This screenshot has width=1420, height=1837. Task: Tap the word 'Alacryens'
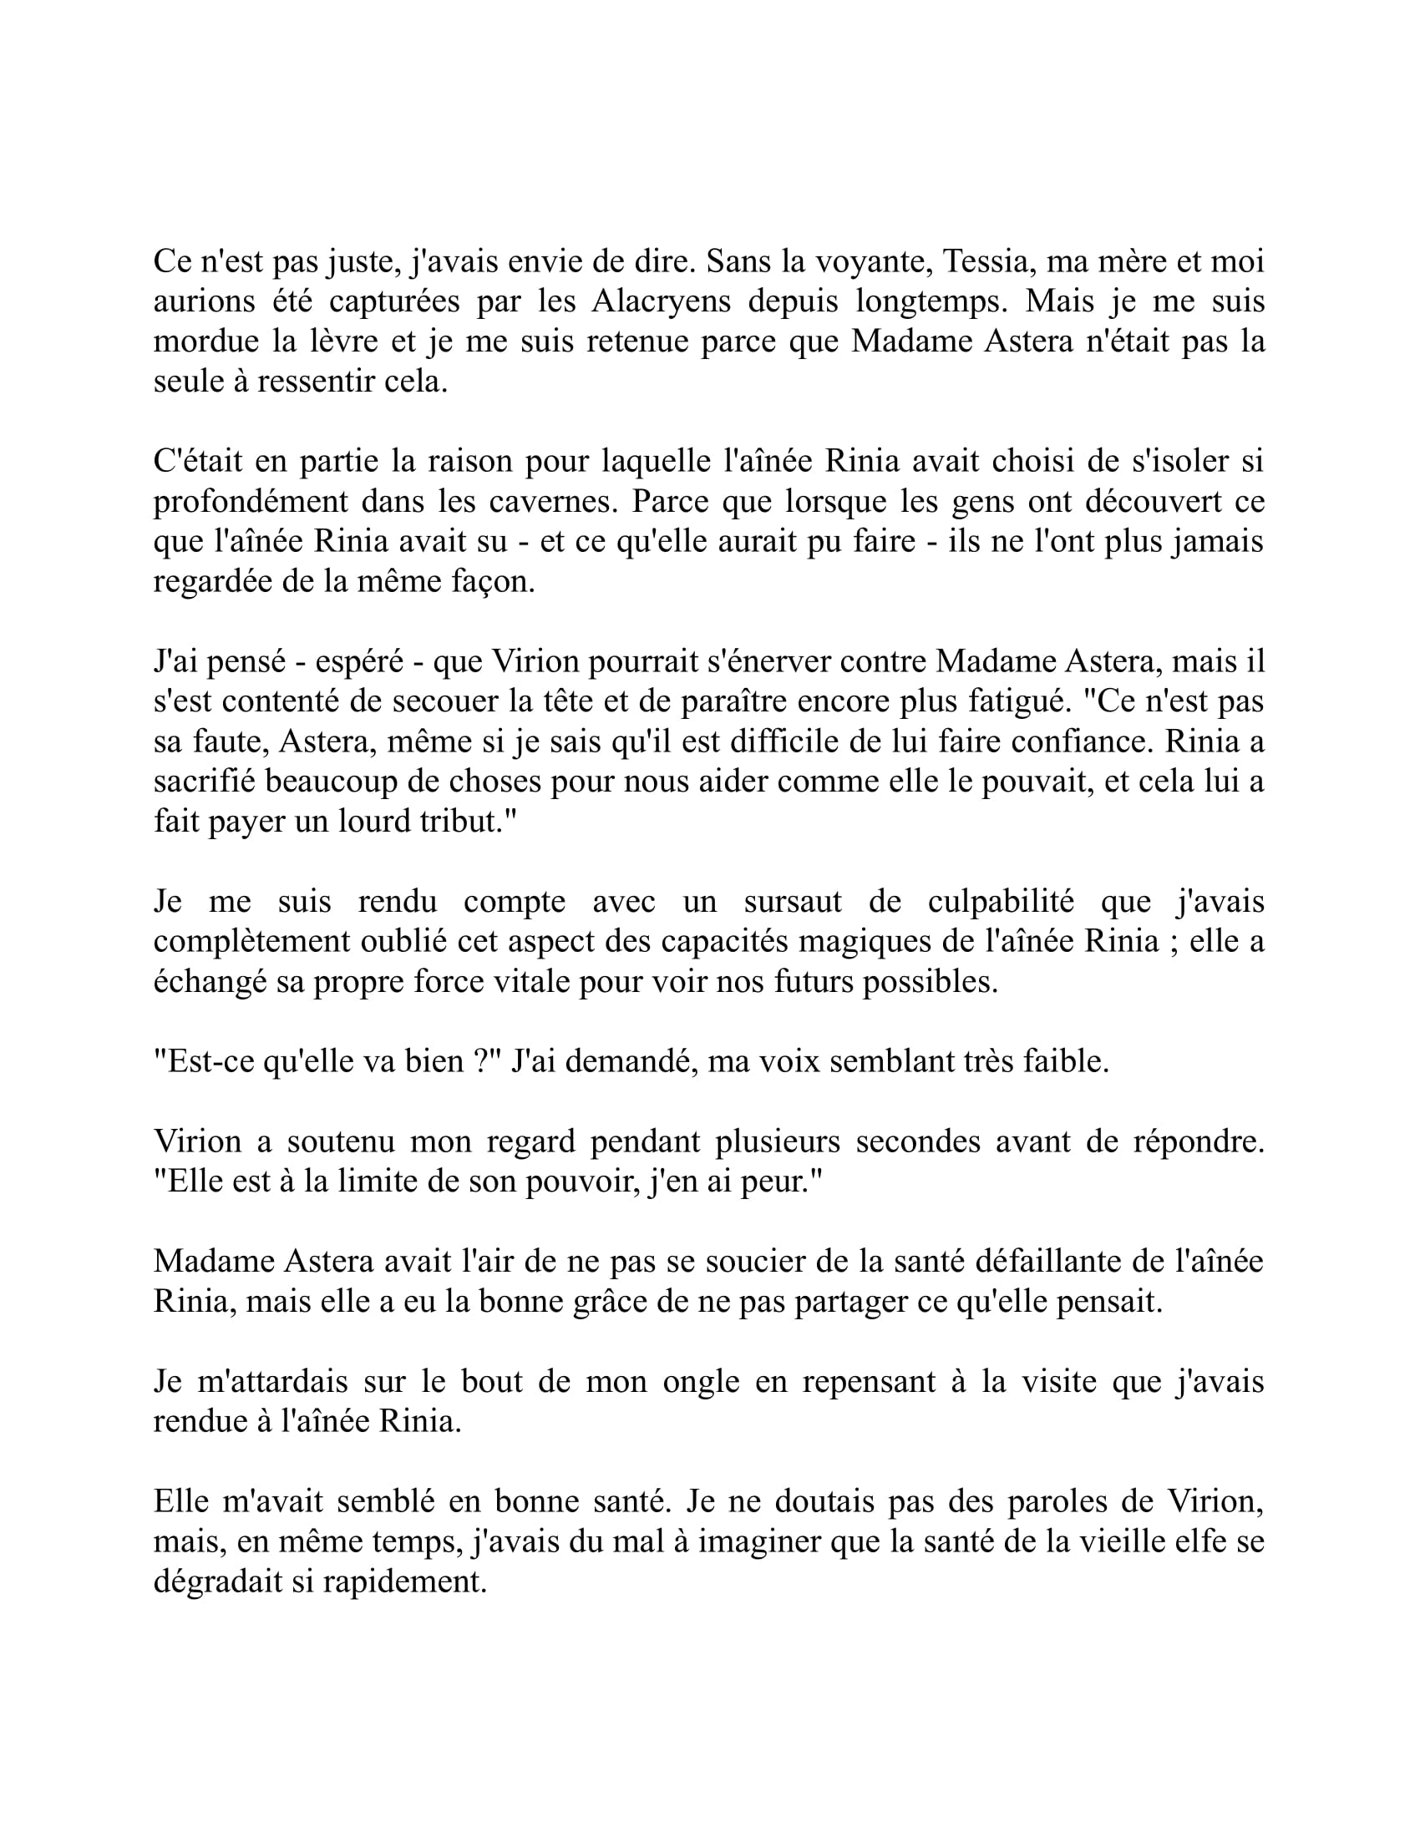662,301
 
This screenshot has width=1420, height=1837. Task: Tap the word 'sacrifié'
205,782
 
